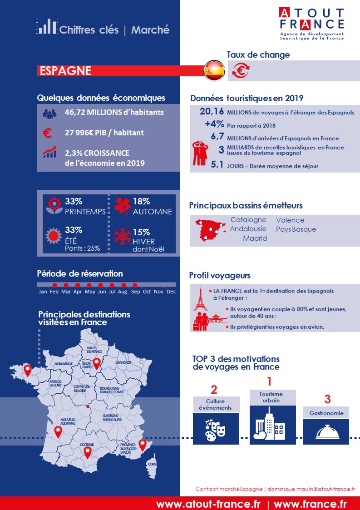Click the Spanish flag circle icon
[214, 70]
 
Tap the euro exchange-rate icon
[241, 70]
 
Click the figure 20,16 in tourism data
[212, 112]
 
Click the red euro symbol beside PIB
[47, 133]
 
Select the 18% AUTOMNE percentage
[141, 202]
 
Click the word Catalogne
[248, 220]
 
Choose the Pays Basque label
[296, 229]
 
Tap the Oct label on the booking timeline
[147, 292]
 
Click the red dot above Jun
[100, 285]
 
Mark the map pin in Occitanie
[87, 451]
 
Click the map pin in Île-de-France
[96, 363]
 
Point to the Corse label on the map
[153, 464]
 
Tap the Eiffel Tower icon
[200, 299]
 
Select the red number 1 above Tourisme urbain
[269, 381]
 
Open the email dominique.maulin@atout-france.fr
[311, 489]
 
